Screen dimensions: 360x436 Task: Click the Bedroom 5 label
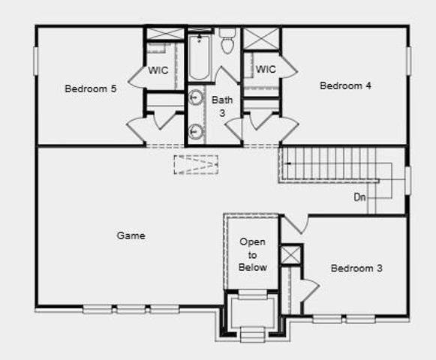point(90,88)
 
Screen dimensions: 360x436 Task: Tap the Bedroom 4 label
point(345,85)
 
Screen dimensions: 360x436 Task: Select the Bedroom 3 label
point(357,268)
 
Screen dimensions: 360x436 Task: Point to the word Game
point(131,235)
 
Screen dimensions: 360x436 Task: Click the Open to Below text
point(253,254)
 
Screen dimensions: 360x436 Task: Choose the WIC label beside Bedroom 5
point(158,70)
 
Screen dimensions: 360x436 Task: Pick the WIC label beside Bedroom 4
point(266,70)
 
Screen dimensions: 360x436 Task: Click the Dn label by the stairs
point(360,198)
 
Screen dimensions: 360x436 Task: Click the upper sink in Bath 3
point(195,97)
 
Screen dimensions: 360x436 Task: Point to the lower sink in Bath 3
point(195,130)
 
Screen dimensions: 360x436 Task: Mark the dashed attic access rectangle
point(196,165)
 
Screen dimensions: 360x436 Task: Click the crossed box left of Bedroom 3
point(290,254)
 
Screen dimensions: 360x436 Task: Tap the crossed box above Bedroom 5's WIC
point(164,34)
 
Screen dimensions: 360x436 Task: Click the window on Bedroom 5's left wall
point(35,61)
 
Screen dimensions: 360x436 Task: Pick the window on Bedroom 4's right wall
point(409,61)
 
